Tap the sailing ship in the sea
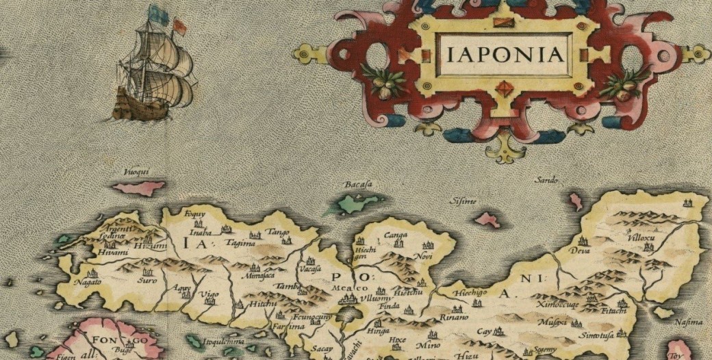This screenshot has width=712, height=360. point(155,72)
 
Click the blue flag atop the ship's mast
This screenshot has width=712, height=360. point(154,12)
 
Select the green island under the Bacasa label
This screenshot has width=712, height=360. point(362,203)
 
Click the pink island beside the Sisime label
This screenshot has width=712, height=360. point(488,220)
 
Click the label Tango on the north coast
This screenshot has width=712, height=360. point(273,233)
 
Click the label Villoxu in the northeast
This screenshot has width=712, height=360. point(643,236)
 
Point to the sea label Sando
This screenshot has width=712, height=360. point(547,180)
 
